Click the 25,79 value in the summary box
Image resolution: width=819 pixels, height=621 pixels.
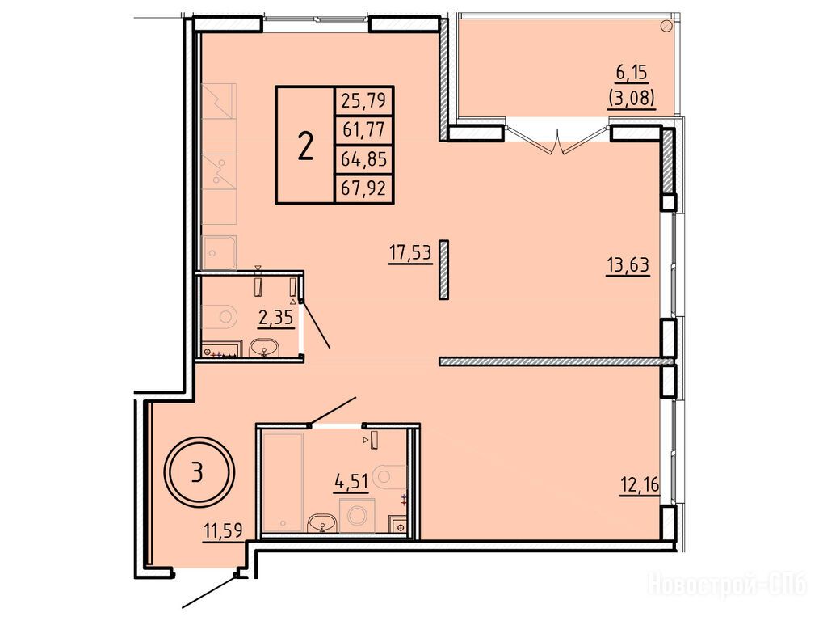pos(364,99)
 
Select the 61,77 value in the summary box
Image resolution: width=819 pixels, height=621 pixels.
pos(364,129)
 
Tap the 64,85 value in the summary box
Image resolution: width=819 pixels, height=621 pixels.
pos(364,158)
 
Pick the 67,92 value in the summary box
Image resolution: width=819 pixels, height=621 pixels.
pos(364,187)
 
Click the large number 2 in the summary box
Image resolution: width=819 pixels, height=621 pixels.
pos(305,146)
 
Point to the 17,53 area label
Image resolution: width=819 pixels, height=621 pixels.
pos(410,253)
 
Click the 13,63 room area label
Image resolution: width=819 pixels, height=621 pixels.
pos(628,265)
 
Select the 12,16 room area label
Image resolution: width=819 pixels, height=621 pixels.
pos(640,486)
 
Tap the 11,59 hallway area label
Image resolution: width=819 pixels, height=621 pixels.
pos(223,532)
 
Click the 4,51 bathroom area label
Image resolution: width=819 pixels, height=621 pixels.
pos(351,480)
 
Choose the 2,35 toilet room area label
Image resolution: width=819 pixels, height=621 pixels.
pos(275,317)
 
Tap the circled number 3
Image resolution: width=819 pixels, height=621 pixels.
pos(197,472)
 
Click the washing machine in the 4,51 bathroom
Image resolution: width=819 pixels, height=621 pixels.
pos(357,515)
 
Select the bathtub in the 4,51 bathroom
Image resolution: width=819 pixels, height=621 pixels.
pos(283,482)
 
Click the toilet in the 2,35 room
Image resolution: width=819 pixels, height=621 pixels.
pos(220,316)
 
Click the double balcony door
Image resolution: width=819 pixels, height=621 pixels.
pos(558,138)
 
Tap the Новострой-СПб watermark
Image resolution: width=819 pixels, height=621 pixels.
pos(728,584)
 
